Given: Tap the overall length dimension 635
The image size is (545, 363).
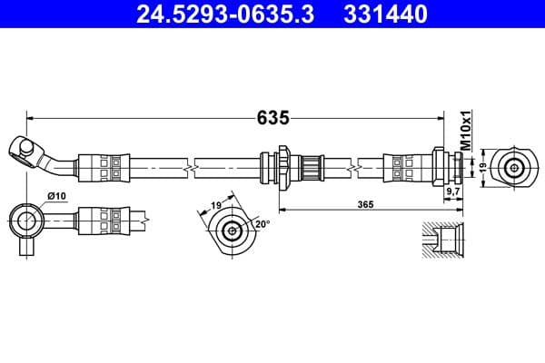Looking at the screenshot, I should (272, 118).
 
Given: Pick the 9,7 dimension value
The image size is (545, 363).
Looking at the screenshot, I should (451, 193).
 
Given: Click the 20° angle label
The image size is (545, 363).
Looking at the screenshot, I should (263, 223).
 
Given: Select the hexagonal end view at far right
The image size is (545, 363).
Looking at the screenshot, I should (515, 167).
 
